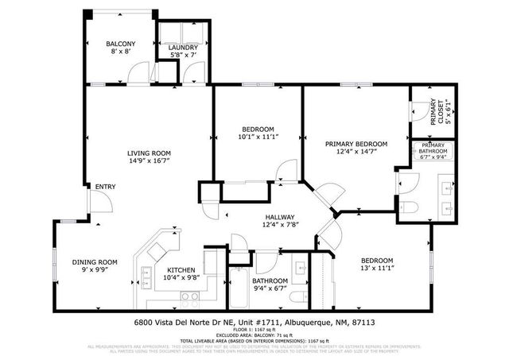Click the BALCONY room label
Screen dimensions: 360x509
(x=121, y=44)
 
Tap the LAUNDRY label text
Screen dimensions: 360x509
(x=183, y=48)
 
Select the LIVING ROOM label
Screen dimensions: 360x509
(x=150, y=153)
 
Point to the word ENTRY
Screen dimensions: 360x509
(x=106, y=187)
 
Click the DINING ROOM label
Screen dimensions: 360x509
(x=95, y=262)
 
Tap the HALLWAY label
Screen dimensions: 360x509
(x=280, y=217)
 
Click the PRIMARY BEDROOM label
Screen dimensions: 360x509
(x=356, y=144)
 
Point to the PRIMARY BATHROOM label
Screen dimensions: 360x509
(x=433, y=148)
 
